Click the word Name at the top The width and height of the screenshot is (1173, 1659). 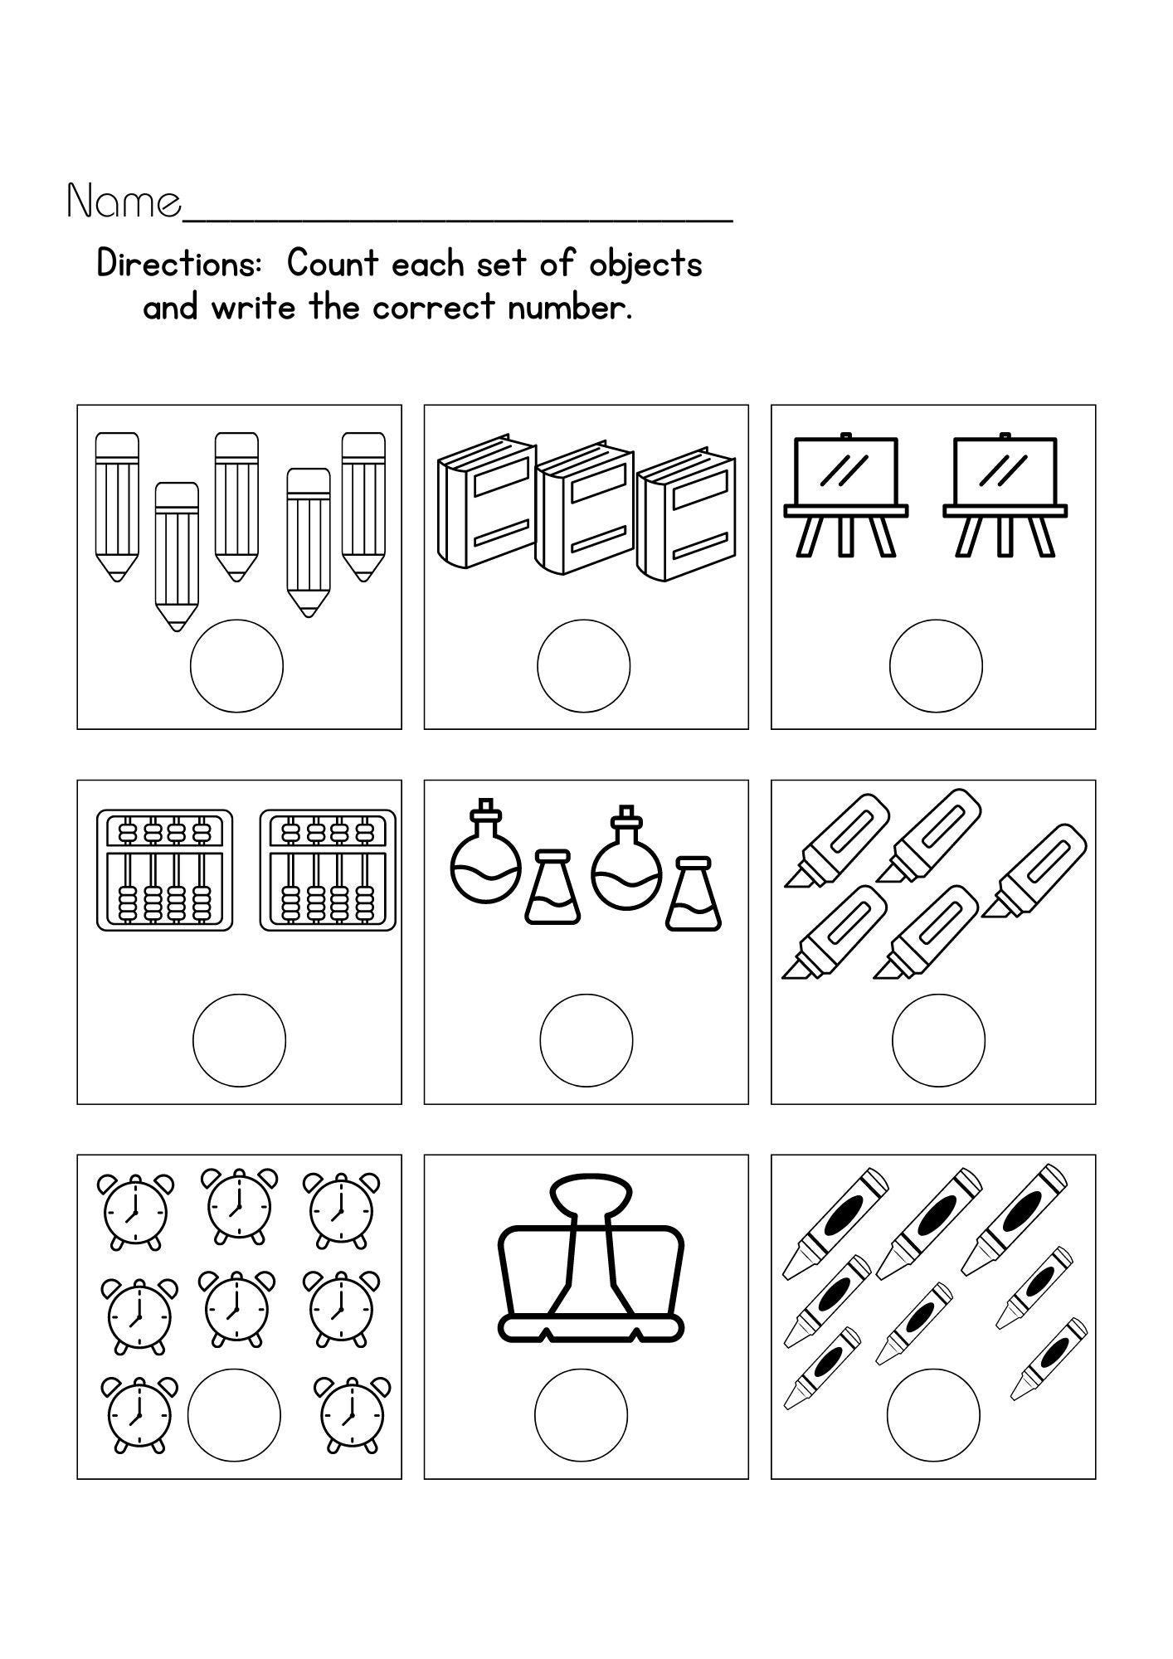tap(124, 202)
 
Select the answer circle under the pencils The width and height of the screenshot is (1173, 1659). tap(236, 665)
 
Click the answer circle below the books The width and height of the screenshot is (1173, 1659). tap(583, 665)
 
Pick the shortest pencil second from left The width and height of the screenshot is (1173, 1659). tap(177, 556)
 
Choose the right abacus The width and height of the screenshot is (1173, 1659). tap(328, 870)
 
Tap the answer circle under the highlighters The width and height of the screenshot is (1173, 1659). tap(938, 1039)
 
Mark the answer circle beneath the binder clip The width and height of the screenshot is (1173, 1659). tap(581, 1414)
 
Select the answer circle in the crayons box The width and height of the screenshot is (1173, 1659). tap(933, 1414)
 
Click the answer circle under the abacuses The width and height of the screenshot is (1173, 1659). tap(239, 1039)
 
